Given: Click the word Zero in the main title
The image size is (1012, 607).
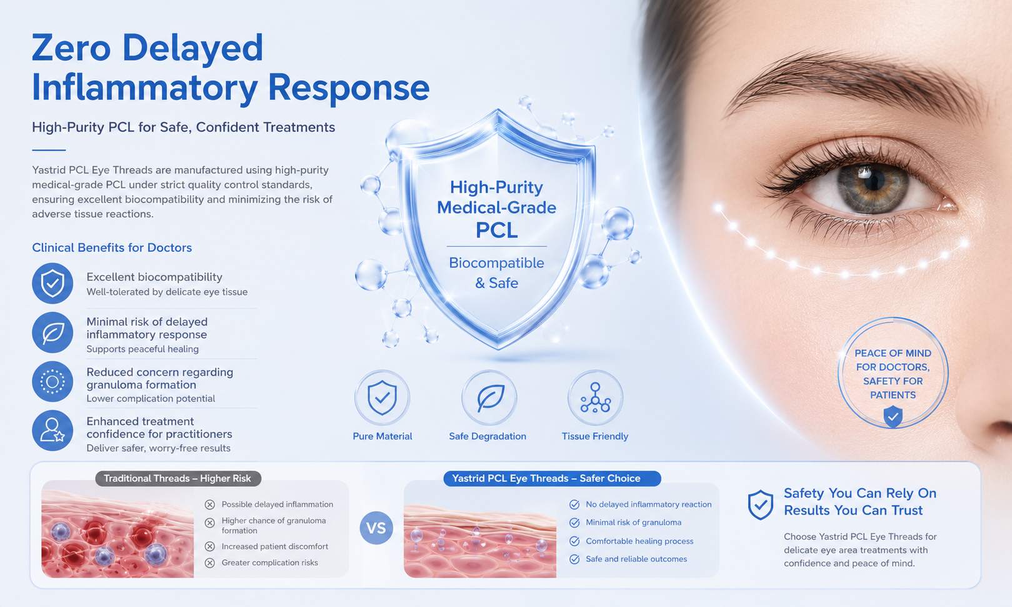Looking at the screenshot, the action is [x=71, y=48].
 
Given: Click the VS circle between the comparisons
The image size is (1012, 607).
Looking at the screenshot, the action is [x=376, y=528].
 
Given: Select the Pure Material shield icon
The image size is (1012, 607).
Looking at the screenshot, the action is [x=382, y=398].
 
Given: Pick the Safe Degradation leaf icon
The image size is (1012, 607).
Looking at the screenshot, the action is [x=489, y=398].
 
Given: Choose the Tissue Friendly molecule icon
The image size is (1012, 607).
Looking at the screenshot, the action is [x=595, y=398].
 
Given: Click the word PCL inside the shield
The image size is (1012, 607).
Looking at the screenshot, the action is [x=496, y=230].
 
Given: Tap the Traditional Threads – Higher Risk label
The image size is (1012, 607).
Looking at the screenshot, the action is [x=178, y=478].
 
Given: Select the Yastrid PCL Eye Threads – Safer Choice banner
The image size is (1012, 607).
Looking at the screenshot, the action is [x=552, y=478].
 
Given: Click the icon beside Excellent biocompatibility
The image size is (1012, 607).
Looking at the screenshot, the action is [x=53, y=283].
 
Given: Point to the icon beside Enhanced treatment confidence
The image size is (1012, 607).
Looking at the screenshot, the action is [x=53, y=430].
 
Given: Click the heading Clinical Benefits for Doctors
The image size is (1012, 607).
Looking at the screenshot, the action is [x=112, y=248].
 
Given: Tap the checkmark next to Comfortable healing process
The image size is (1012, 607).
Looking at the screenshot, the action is [x=574, y=541].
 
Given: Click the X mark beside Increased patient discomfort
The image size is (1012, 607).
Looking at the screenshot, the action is [x=209, y=546].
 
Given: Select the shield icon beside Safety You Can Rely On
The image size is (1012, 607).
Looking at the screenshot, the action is [x=760, y=504].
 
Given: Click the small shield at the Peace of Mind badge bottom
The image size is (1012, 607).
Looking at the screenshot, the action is [x=893, y=416].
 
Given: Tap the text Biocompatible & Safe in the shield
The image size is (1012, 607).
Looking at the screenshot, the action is [x=496, y=273].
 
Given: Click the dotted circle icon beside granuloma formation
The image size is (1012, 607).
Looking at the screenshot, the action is [x=53, y=381].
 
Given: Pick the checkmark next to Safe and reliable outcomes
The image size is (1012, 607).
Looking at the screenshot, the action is [x=574, y=559].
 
